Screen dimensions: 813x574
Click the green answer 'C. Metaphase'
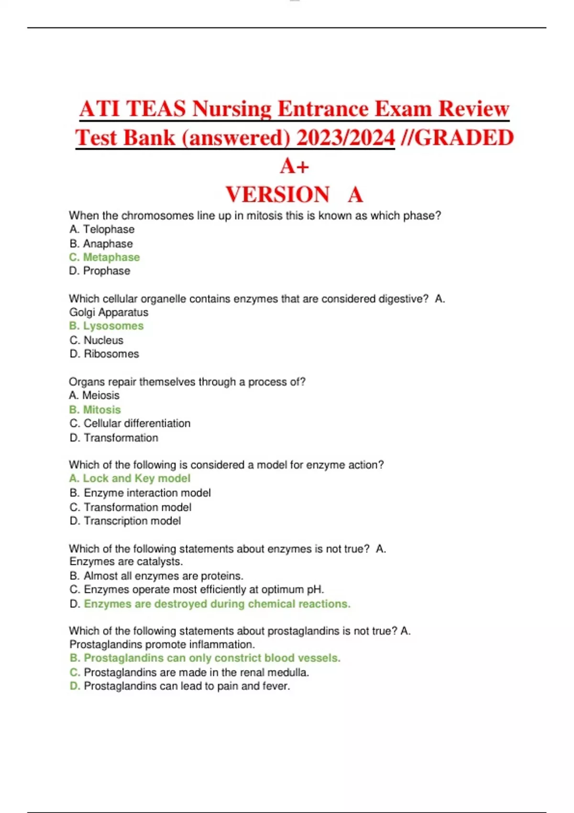click(104, 257)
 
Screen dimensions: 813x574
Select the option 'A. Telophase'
click(102, 230)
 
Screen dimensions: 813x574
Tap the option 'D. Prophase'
click(99, 271)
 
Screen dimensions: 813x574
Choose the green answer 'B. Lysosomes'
click(106, 326)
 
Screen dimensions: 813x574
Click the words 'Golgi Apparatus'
click(109, 312)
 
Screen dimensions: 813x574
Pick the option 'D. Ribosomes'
click(104, 354)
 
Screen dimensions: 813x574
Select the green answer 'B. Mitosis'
click(95, 410)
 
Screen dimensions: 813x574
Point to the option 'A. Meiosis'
click(94, 396)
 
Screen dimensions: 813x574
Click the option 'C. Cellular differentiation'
click(130, 424)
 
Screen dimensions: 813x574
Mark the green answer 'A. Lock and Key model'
click(130, 479)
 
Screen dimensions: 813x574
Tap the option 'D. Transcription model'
click(125, 521)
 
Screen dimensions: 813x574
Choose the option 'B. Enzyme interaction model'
click(140, 493)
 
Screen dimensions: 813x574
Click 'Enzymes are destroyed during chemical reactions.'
click(217, 604)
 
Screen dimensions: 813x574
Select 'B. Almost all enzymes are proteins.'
click(156, 576)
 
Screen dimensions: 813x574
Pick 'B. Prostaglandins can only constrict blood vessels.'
click(205, 658)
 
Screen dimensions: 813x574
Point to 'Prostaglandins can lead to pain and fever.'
click(187, 686)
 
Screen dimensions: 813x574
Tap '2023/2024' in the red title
click(345, 138)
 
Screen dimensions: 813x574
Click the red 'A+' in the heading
click(294, 166)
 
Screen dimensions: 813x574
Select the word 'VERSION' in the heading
click(277, 195)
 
